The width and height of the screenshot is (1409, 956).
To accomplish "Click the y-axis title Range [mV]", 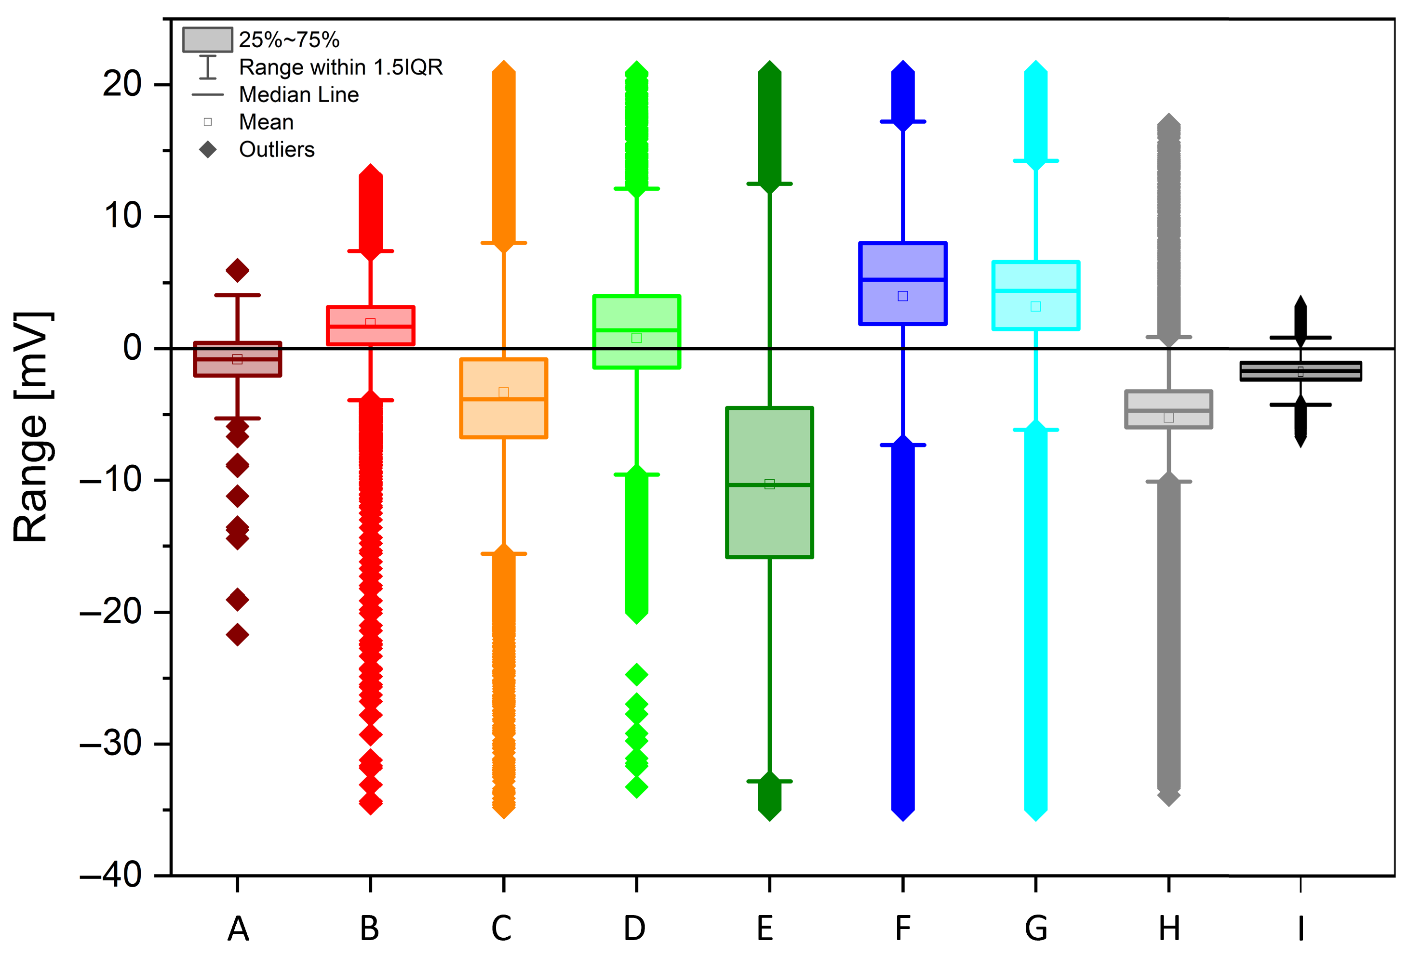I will click(31, 427).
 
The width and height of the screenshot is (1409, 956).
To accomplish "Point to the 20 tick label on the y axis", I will click(122, 84).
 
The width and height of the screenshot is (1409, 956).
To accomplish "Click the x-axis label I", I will click(1301, 928).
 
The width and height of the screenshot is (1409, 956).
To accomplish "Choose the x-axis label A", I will click(238, 928).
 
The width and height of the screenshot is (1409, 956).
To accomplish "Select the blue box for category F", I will click(903, 261).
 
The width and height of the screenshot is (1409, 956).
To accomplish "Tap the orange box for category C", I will click(503, 418).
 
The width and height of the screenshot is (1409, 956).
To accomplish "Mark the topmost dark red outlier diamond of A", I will click(237, 270).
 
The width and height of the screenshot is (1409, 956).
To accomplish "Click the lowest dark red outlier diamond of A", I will click(237, 635).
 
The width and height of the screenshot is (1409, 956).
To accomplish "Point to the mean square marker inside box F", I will click(903, 296).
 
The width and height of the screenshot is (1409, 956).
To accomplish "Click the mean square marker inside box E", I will click(769, 484).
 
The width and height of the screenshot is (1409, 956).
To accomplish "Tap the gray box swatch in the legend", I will click(207, 40).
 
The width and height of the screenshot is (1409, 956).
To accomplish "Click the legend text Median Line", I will click(299, 94).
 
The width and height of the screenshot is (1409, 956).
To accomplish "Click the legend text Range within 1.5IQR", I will click(341, 67).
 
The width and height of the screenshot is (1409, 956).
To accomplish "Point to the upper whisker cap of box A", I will click(237, 295).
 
